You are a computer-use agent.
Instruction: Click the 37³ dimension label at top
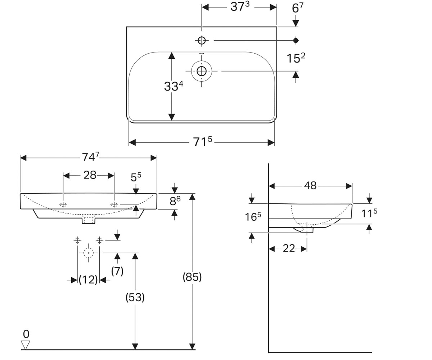240,6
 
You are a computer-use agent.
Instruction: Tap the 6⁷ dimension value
297,8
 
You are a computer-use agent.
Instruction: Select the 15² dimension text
296,58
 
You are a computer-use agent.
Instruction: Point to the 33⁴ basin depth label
174,86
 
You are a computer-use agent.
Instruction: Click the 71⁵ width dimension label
203,142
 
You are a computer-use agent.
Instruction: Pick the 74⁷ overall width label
91,157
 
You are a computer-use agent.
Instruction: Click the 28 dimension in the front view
90,175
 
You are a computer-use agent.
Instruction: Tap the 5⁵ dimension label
136,177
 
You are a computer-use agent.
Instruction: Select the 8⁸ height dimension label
175,201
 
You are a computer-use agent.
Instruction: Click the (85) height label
192,277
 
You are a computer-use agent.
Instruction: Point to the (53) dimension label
135,297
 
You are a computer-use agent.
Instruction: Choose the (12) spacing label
88,280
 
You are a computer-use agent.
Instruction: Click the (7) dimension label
117,271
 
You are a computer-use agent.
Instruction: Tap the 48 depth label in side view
310,186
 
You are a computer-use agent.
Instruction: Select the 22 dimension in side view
289,248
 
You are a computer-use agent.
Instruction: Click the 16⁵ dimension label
253,217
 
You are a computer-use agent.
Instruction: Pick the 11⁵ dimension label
369,213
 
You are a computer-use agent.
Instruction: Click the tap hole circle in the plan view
202,40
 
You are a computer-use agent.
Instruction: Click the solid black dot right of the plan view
296,40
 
